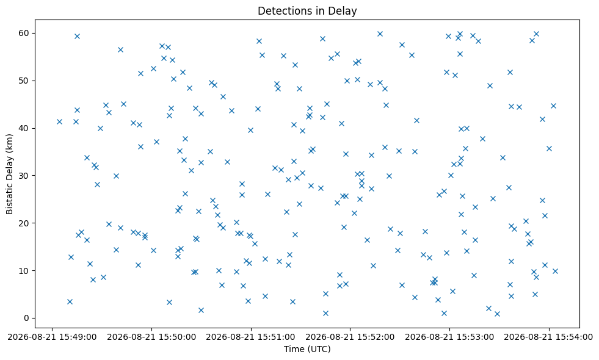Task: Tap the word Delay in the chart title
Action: click(x=344, y=11)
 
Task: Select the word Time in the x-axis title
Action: click(x=292, y=348)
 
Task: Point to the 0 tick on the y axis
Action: click(x=27, y=318)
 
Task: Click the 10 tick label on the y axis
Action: click(x=24, y=271)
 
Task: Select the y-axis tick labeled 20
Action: click(x=24, y=223)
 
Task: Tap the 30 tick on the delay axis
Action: click(x=24, y=176)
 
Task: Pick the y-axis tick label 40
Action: click(x=24, y=128)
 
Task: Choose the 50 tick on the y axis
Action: click(x=24, y=81)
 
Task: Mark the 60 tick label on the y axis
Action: click(x=24, y=33)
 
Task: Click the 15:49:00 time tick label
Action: click(x=52, y=337)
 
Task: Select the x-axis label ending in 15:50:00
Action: click(x=151, y=337)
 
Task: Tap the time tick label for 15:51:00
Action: click(x=250, y=337)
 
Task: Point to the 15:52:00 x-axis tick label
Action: click(x=350, y=337)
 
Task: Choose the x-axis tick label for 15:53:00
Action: click(x=449, y=337)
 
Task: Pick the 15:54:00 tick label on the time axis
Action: click(x=548, y=337)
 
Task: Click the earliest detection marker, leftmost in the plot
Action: click(x=59, y=122)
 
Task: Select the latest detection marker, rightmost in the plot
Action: click(x=555, y=271)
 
